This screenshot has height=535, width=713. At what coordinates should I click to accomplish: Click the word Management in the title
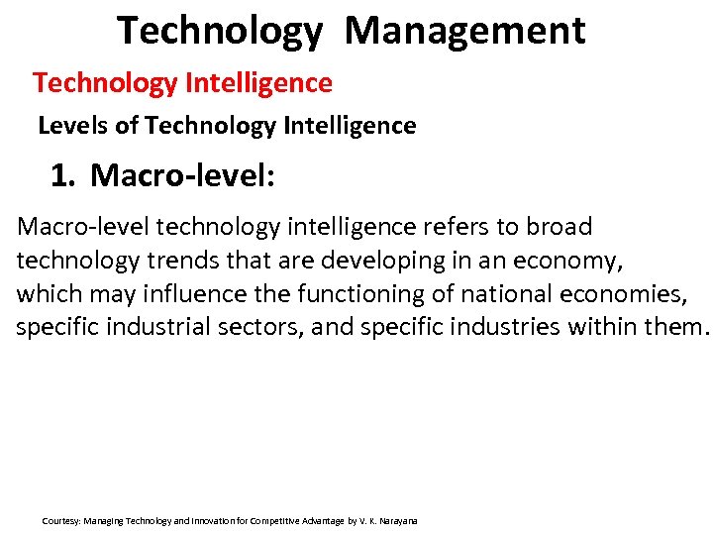click(464, 31)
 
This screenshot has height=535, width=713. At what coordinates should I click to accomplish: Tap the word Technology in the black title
click(220, 31)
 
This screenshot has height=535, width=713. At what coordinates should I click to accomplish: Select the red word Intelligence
click(258, 83)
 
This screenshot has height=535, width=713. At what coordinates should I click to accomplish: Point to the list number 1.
click(62, 176)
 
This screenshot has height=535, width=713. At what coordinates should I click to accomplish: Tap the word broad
click(559, 227)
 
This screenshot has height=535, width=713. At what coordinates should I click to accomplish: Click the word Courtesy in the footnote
click(60, 521)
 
